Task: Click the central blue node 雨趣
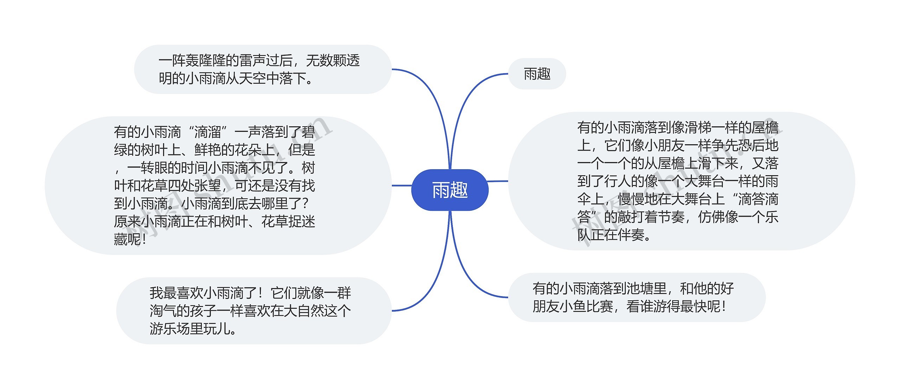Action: point(450,190)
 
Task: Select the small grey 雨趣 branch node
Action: point(537,74)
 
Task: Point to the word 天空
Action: point(252,78)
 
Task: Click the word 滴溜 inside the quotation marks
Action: point(207,132)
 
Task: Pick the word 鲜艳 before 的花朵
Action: point(207,150)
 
